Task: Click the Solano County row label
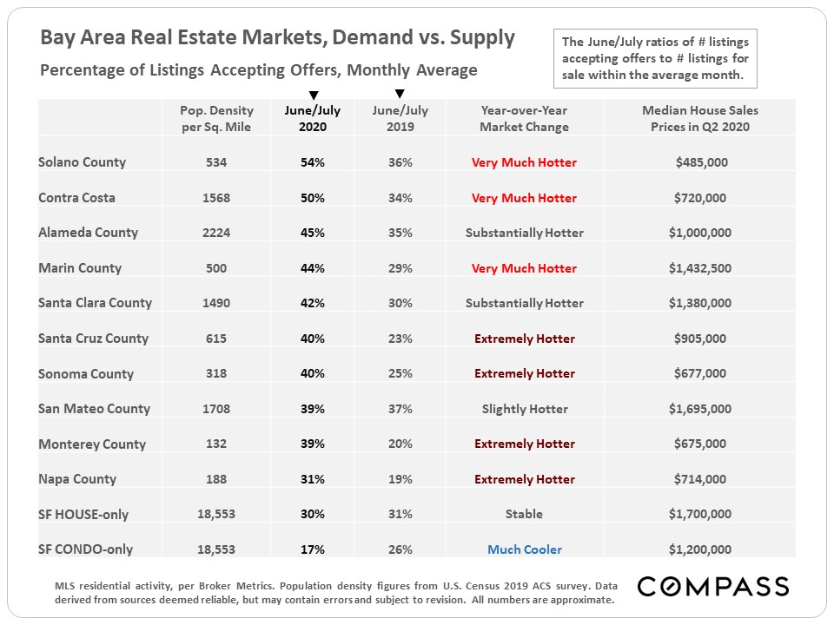click(x=82, y=162)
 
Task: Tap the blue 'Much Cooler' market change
click(x=524, y=549)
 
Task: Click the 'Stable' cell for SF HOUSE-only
click(x=524, y=514)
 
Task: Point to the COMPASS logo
click(x=712, y=586)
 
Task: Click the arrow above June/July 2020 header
click(x=314, y=95)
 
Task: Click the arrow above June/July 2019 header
click(x=400, y=94)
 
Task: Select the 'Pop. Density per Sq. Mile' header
click(x=216, y=118)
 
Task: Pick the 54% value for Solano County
click(x=313, y=162)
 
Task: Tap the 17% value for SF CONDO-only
click(x=313, y=549)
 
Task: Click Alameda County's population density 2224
click(x=216, y=233)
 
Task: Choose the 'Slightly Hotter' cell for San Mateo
click(x=524, y=409)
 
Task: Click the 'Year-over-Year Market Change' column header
click(x=524, y=118)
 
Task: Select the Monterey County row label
click(x=92, y=444)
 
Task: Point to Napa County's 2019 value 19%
click(x=400, y=479)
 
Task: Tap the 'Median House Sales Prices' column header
click(x=699, y=118)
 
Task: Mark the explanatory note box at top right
click(x=655, y=58)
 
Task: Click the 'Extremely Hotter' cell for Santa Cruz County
click(x=524, y=339)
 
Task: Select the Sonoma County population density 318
click(x=216, y=373)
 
